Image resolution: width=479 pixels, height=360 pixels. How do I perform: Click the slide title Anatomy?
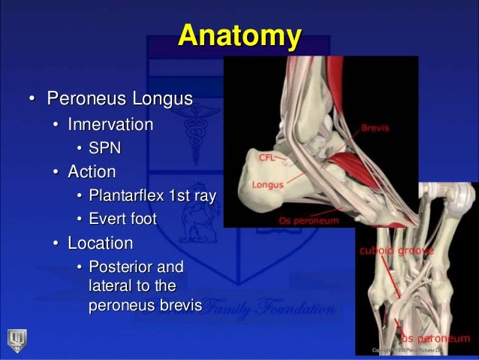coord(239,35)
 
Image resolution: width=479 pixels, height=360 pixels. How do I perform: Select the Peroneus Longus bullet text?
coord(119,99)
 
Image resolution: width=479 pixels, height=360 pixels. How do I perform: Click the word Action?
coord(92,172)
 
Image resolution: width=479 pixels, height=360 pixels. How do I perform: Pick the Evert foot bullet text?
coord(122,219)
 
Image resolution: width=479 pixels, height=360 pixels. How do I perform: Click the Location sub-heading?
coord(100,244)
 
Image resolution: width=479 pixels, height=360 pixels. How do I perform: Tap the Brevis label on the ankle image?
coord(375,129)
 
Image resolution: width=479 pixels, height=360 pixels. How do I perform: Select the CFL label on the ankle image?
coord(267,159)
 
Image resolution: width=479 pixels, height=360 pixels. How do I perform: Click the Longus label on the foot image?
coord(267,183)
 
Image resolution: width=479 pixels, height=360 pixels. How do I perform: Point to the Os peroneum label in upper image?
coord(306,221)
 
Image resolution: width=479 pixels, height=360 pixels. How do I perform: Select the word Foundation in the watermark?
coord(298,308)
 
